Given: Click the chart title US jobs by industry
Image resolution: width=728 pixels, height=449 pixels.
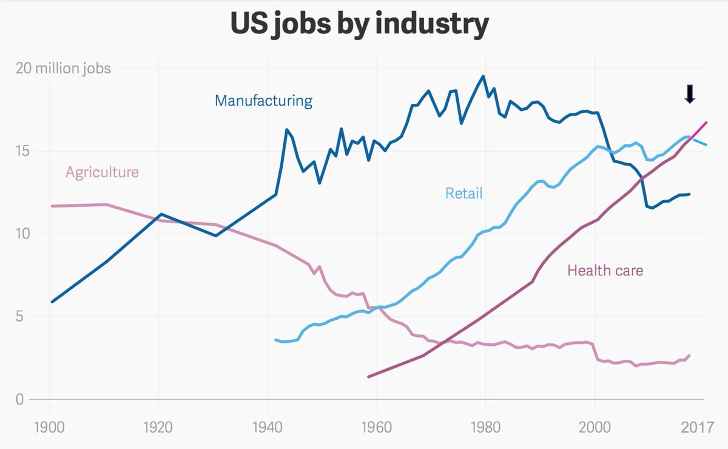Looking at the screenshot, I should pos(359,25).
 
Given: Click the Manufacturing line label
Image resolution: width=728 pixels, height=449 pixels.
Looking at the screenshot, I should pos(263,100).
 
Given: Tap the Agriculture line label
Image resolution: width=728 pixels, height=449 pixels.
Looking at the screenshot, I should pos(102,172).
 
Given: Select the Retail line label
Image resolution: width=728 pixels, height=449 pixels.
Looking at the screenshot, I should pos(463,193).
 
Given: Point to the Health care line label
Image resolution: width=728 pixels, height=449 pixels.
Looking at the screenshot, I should pos(605,270).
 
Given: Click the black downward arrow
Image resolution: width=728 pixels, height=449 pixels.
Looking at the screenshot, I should pos(689,94).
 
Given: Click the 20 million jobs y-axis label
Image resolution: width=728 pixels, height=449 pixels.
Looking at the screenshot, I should pos(64,68).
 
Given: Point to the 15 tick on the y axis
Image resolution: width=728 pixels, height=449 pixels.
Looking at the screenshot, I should pos(22,151).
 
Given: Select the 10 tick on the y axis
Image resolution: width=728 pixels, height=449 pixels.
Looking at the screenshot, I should pos(22,234).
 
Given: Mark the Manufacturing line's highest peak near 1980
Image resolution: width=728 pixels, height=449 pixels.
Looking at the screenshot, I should pos(483,76).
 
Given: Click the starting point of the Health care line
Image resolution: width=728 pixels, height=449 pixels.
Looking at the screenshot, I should pos(369,377).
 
